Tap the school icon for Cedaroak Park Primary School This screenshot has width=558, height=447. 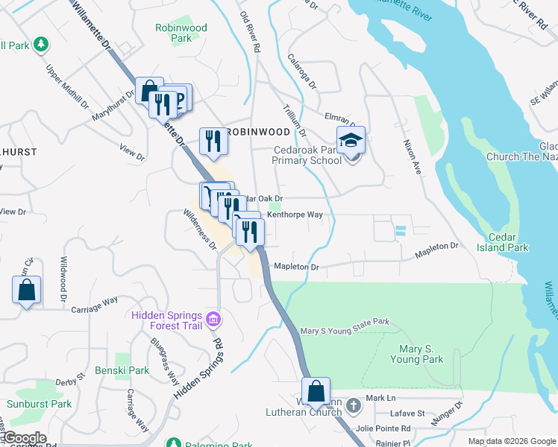349,140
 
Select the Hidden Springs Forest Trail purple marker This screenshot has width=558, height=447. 214,320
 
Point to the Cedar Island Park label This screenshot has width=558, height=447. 507,242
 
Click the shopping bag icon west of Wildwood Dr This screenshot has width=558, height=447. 26,289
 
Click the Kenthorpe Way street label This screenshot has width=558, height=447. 295,215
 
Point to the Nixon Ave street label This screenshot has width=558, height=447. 413,157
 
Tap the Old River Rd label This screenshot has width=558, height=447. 250,31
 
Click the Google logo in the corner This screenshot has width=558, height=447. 24,438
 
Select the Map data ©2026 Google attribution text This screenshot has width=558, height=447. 511,441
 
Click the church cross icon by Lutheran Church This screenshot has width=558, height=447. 354,406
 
